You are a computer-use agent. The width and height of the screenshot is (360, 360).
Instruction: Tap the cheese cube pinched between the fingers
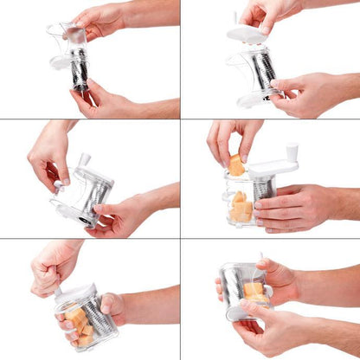(235, 164)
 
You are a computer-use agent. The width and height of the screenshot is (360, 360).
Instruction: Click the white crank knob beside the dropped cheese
(292, 151)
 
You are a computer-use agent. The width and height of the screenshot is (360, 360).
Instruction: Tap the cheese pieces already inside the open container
(239, 208)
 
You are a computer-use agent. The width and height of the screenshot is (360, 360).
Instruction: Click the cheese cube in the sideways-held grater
(252, 290)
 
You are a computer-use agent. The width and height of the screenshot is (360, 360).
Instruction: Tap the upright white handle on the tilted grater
(85, 160)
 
